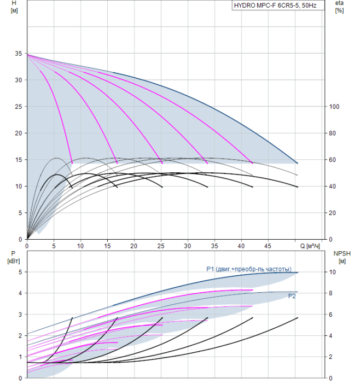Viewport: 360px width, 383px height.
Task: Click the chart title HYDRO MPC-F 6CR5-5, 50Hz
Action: coord(275,5)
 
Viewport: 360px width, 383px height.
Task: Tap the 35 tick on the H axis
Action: coord(18,54)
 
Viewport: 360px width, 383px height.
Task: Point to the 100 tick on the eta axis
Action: coord(334,107)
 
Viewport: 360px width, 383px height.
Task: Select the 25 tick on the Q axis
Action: coord(161,246)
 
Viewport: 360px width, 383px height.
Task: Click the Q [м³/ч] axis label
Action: coord(310,246)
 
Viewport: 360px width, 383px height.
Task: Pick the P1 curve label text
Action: coord(249,269)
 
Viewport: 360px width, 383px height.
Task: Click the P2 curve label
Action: coord(292,296)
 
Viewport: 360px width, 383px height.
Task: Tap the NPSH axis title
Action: coord(342,253)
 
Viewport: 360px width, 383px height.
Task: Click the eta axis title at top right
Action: coord(340,3)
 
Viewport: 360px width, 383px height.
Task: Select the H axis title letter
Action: coord(14,3)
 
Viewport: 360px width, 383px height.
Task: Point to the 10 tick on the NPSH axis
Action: coord(333,272)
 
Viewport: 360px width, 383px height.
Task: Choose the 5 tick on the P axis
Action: coord(20,272)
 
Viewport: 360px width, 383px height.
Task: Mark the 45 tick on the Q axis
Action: coord(268,246)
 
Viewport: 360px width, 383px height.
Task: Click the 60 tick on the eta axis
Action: coord(333,160)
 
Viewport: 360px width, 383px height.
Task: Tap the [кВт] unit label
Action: coord(14,261)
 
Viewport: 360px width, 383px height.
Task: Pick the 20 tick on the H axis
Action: coord(18,134)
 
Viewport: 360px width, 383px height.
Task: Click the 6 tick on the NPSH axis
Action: coord(330,315)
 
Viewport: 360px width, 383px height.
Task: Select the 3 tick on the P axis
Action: coord(20,315)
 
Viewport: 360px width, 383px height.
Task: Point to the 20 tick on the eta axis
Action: coord(333,213)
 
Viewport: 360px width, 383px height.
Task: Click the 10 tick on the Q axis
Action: coord(80,246)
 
